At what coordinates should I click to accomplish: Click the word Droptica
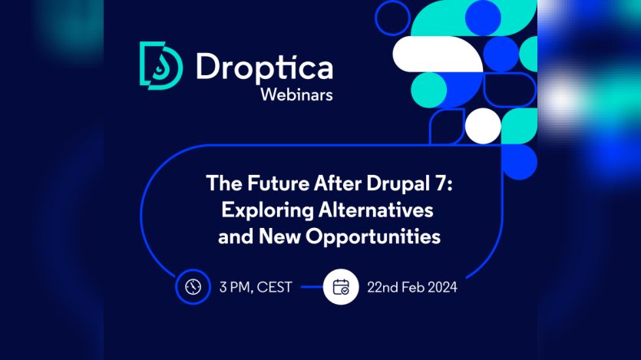pyautogui.click(x=264, y=67)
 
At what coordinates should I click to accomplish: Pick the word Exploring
pyautogui.click(x=259, y=210)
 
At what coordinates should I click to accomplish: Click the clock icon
pyautogui.click(x=193, y=287)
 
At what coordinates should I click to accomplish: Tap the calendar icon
pyautogui.click(x=341, y=287)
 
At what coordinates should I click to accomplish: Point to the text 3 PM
pyautogui.click(x=235, y=288)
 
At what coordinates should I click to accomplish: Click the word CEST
pyautogui.click(x=274, y=288)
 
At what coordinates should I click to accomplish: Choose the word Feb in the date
pyautogui.click(x=413, y=288)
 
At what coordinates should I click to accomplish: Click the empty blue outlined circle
pyautogui.click(x=392, y=18)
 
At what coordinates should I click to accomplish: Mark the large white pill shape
pyautogui.click(x=431, y=54)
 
